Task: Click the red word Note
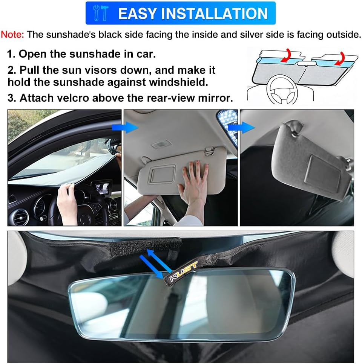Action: pyautogui.click(x=12, y=35)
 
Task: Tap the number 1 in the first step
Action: pyautogui.click(x=11, y=54)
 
